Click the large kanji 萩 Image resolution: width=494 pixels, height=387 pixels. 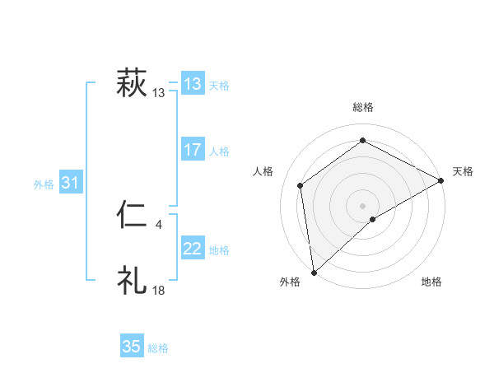coord(132,84)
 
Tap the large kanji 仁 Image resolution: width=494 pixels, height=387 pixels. coord(132,216)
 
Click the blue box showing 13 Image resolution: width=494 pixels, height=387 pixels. coord(193,84)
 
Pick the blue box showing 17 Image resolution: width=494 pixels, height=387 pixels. coord(193,150)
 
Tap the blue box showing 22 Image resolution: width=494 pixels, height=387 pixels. coord(193,249)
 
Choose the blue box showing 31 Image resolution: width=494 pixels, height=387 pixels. coord(70,183)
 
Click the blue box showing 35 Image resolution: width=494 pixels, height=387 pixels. coord(132,347)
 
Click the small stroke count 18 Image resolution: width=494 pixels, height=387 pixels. coord(158,290)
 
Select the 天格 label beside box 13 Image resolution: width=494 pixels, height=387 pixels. coord(219,85)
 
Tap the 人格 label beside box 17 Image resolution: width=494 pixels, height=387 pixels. coord(219,152)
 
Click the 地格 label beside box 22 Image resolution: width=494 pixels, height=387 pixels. coord(219,250)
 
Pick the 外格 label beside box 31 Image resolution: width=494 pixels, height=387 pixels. coord(44,184)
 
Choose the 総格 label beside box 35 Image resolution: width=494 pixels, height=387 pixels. coord(158,348)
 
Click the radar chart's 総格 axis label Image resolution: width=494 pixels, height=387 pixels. coord(363,107)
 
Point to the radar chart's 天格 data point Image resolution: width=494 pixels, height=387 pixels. coord(441,181)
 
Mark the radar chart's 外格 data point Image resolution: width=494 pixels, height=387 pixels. coord(314,273)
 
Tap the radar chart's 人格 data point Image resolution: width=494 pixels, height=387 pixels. coord(301,185)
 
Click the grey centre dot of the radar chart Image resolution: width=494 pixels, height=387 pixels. coord(362,205)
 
